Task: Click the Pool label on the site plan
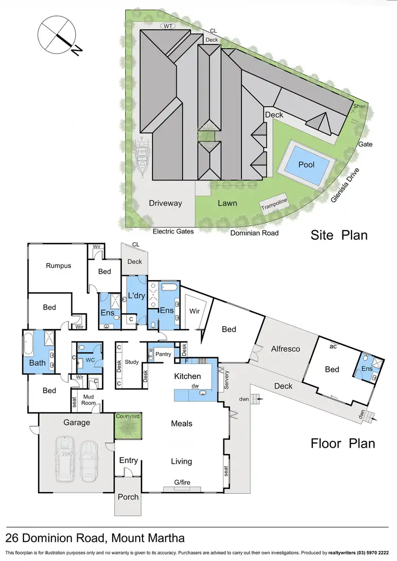pyautogui.click(x=306, y=165)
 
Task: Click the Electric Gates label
pyautogui.click(x=173, y=231)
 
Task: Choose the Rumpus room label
pyautogui.click(x=58, y=266)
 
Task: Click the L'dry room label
pyautogui.click(x=137, y=296)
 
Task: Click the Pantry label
pyautogui.click(x=163, y=353)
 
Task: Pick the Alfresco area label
pyautogui.click(x=285, y=349)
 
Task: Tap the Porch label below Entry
pyautogui.click(x=128, y=496)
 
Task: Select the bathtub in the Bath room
pyautogui.click(x=28, y=345)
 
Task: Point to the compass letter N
pyautogui.click(x=77, y=51)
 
